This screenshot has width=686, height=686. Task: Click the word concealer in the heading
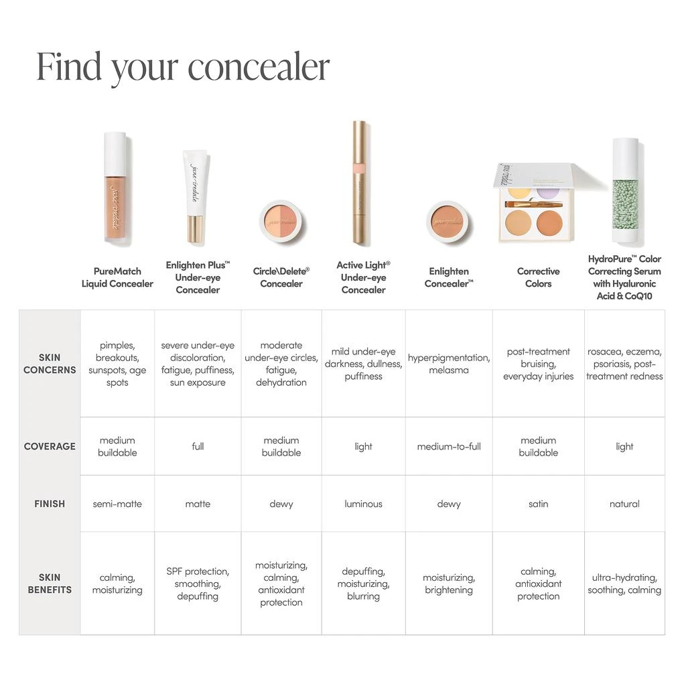pos(259,67)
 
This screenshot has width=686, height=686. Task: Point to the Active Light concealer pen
pos(360,182)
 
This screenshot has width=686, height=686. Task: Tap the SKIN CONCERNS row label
pos(50,364)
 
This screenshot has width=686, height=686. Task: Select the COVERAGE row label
pos(50,446)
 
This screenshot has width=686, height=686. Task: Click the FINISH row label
pos(50,504)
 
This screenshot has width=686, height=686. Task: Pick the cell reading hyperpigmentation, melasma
pos(449,364)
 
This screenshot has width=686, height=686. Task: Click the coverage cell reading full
pos(198,446)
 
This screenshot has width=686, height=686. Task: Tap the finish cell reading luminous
pos(363,504)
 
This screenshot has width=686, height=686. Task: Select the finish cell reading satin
pos(538,504)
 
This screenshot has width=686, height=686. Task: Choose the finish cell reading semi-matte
pos(117,504)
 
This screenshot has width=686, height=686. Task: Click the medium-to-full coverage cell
pos(449,446)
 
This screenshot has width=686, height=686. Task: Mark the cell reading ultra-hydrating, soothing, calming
pos(624,584)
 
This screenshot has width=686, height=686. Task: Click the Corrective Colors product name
pos(538,277)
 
